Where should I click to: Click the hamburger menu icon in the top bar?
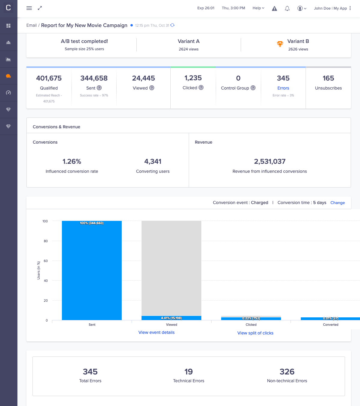point(29,8)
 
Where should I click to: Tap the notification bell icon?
point(287,8)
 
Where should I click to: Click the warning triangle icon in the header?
point(274,8)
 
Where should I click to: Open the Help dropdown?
point(258,8)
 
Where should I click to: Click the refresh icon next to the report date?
point(172,25)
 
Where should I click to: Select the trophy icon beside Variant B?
point(280,44)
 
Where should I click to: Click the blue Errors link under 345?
point(283,88)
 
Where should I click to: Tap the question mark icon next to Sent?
point(99,88)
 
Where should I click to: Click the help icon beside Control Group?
point(253,88)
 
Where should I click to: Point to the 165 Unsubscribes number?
point(328,78)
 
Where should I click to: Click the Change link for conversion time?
point(337,203)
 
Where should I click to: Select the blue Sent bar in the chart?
point(92,270)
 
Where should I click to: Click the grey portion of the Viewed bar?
point(171,267)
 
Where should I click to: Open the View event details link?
point(156,332)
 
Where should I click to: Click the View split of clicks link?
point(255,333)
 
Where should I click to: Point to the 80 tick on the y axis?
point(46,241)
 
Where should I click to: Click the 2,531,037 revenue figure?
point(270,161)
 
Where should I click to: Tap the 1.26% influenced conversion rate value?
point(72,161)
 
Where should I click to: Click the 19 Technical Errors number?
point(188,372)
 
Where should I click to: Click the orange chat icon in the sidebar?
point(8,76)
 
